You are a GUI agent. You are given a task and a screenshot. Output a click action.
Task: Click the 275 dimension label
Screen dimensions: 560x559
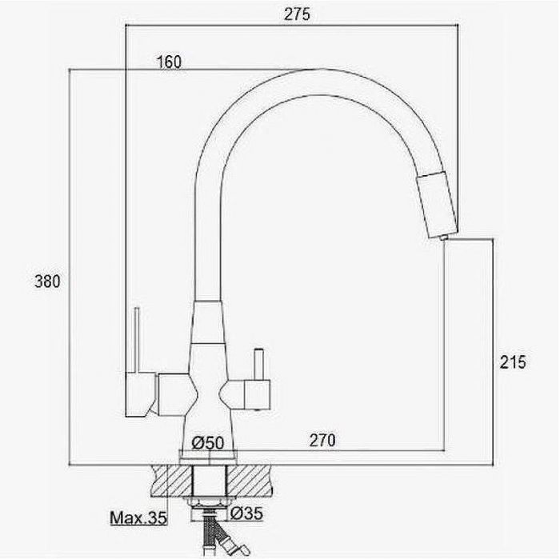[x=297, y=14]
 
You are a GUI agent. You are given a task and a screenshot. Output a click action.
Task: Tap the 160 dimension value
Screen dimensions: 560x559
[x=170, y=62]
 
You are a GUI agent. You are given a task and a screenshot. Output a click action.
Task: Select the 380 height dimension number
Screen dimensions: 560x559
[x=47, y=281]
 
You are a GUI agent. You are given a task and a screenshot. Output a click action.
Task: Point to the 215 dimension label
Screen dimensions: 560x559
[x=513, y=362]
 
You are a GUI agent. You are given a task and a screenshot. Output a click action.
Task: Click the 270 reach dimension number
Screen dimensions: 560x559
[x=322, y=440]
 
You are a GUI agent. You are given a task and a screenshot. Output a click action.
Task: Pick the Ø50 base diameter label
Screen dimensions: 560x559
[x=208, y=443]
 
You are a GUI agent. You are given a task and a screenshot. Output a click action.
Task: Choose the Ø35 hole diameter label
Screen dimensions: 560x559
[x=246, y=513]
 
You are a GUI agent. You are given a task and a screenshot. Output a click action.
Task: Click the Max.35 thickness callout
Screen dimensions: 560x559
[x=138, y=518]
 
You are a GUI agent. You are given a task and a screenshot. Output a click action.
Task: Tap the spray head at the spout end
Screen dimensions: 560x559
[x=437, y=204]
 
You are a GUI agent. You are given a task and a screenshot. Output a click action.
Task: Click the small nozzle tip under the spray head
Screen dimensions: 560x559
[x=443, y=238]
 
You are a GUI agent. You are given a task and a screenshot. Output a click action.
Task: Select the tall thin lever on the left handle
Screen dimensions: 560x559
[x=137, y=340]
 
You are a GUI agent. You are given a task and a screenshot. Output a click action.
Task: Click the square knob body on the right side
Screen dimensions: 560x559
[x=257, y=395]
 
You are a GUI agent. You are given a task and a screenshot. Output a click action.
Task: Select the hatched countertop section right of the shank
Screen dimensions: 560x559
[x=249, y=481]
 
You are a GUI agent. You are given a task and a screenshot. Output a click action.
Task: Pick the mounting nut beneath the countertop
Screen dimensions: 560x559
[x=209, y=502]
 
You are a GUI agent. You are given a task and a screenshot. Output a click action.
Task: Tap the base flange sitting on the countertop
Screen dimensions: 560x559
[x=208, y=457]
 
